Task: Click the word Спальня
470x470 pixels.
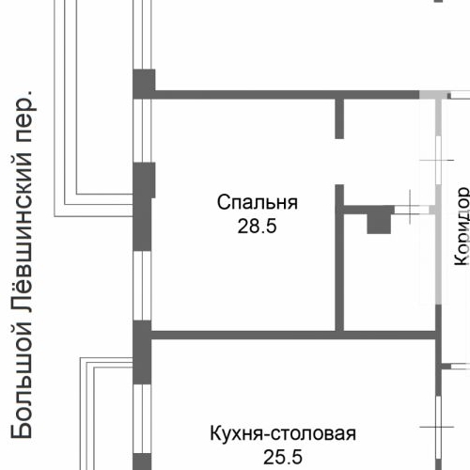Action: coord(257,202)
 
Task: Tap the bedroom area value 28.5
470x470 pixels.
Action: coord(257,226)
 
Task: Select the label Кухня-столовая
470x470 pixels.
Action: coord(282,433)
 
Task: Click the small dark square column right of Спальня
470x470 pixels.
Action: coord(378,222)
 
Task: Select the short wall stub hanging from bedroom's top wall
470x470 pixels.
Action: coord(340,117)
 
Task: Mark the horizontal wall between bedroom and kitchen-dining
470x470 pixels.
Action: coord(291,333)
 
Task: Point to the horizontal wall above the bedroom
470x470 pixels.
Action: coord(282,94)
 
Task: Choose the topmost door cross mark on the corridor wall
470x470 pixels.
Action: coord(437,161)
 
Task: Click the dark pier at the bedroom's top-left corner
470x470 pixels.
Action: coord(143,84)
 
